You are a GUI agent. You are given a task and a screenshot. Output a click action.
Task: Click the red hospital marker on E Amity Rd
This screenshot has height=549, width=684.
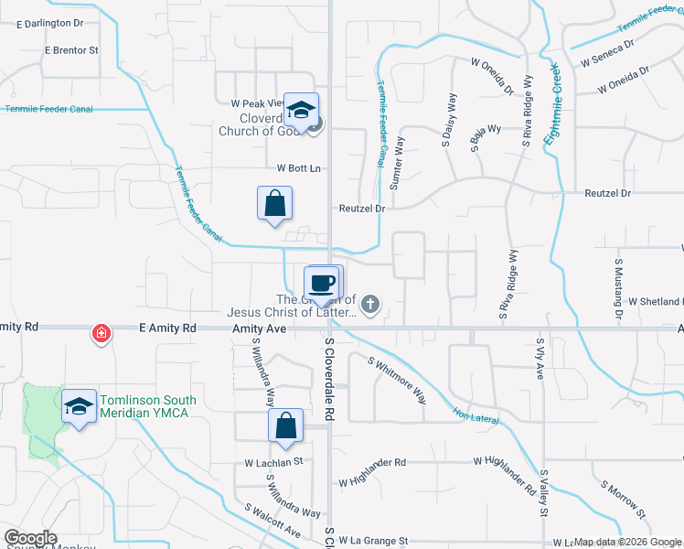102,334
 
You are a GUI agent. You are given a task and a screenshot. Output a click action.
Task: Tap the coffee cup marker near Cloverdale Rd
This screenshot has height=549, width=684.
322,284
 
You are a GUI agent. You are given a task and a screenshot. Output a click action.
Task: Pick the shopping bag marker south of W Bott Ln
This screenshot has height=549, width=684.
275,205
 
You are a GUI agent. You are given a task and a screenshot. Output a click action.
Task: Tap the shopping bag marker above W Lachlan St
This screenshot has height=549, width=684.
286,427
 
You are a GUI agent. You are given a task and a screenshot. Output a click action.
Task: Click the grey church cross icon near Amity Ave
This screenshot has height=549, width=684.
369,305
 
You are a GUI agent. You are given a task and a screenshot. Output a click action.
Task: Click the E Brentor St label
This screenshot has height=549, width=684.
71,49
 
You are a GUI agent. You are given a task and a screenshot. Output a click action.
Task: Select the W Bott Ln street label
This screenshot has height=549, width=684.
299,168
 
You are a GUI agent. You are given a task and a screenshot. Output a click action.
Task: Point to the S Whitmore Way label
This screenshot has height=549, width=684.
397,380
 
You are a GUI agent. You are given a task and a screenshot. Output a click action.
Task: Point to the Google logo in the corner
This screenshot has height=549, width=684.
31,538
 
